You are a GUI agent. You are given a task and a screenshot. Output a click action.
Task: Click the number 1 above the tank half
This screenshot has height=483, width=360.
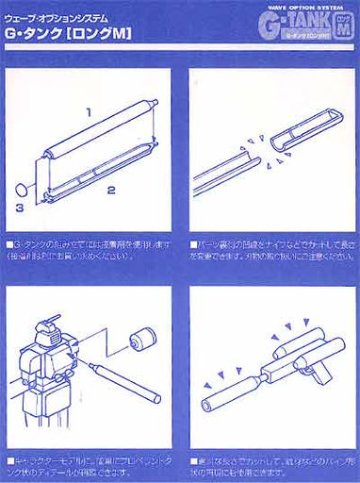pos(88,112)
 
